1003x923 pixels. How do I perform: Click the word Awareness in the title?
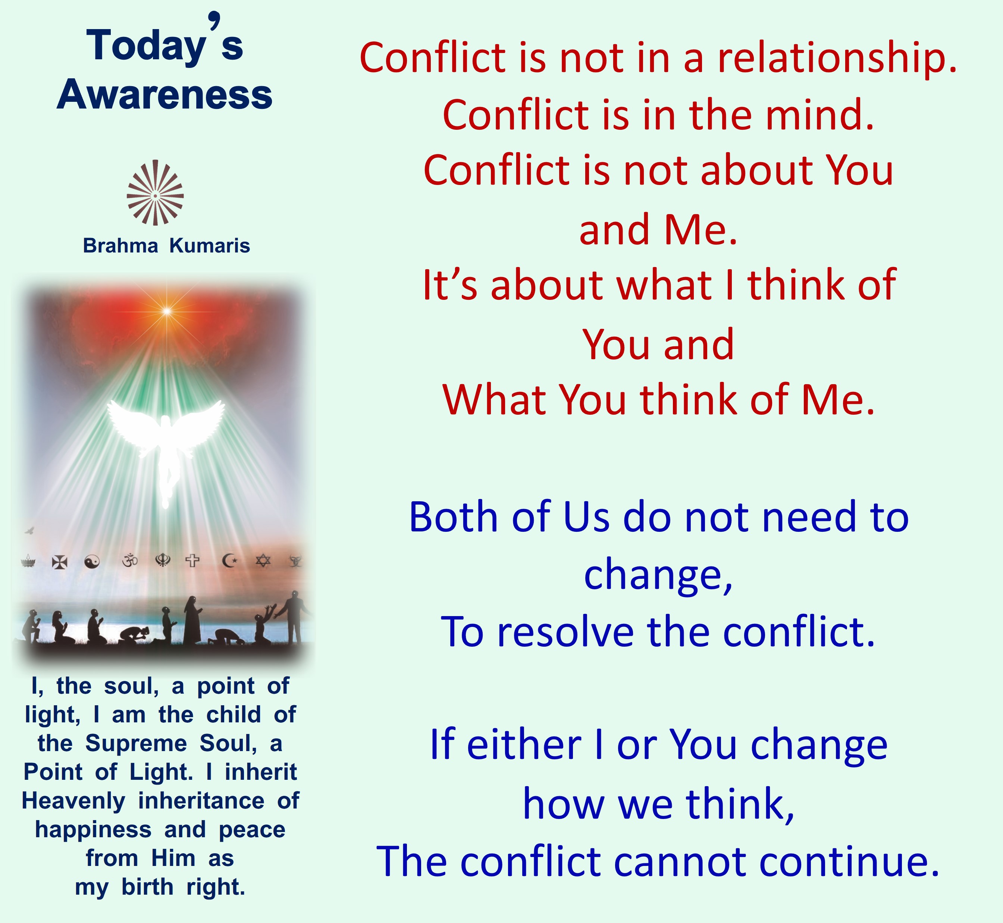[164, 95]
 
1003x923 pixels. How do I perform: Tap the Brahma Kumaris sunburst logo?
[155, 193]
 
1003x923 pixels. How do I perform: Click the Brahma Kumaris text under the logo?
[166, 246]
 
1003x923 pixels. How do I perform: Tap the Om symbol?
[130, 561]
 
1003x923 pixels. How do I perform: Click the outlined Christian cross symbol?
[192, 561]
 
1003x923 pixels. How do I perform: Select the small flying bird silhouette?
[29, 530]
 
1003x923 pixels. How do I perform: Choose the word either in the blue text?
[524, 744]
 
